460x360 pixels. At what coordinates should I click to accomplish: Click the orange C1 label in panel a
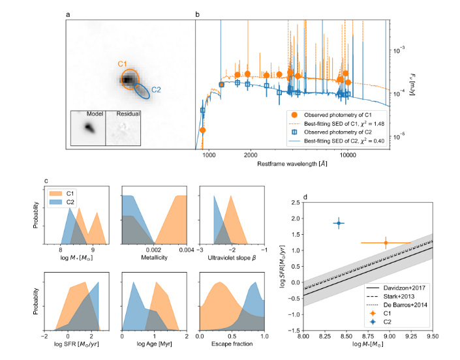pos(122,63)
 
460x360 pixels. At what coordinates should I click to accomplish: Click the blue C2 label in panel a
pos(157,89)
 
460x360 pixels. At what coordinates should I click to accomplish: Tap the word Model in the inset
pos(87,114)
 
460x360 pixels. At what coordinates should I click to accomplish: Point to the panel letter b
pos(198,13)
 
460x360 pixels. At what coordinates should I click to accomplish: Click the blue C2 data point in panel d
pos(339,223)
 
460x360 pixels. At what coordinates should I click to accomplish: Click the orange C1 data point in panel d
pos(386,243)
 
